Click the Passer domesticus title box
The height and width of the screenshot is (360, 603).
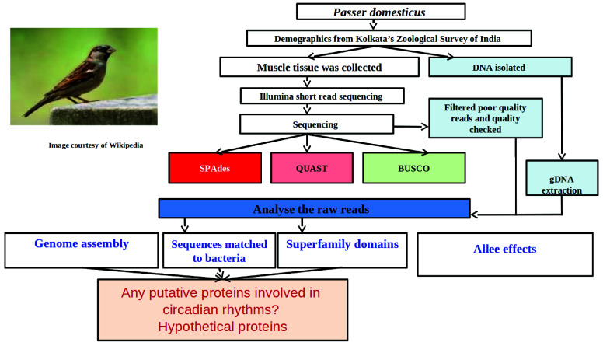(381, 12)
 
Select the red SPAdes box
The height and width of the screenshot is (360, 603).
(215, 168)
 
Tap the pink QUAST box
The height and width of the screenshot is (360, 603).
(312, 168)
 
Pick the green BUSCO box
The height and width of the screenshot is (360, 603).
(414, 168)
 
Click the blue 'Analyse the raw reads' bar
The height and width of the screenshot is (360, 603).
(314, 209)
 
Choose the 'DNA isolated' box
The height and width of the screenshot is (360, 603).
(500, 68)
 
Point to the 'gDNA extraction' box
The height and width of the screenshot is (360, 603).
(562, 178)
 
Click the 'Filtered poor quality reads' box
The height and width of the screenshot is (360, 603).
(486, 118)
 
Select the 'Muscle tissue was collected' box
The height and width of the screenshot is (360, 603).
(319, 68)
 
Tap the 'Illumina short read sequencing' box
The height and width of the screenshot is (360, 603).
(322, 96)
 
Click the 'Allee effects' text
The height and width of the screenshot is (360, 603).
(504, 250)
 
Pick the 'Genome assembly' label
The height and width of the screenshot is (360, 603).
(82, 244)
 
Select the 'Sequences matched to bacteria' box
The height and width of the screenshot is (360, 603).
(219, 250)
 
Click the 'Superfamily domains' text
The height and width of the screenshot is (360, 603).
(342, 245)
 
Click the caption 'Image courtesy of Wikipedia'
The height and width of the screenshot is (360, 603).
(96, 145)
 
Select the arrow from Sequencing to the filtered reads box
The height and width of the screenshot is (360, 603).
(411, 126)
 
